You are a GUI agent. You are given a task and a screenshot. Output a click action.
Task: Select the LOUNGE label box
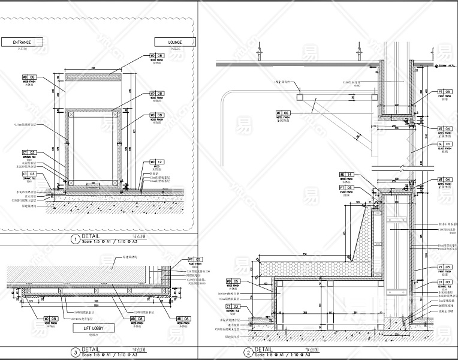coord(176,42)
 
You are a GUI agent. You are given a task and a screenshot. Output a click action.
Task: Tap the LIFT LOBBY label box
coord(89,329)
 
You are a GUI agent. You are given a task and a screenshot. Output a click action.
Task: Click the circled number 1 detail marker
coord(75,239)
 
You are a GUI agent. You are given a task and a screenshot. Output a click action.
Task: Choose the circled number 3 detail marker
coord(75,353)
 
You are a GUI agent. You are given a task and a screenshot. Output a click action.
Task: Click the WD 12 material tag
coord(156,162)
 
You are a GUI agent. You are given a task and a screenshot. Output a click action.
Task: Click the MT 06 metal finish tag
coord(282,113)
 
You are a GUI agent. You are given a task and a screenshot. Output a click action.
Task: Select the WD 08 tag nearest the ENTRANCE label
coord(29,77)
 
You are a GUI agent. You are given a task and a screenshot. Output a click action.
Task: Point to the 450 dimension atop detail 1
coord(93,68)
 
